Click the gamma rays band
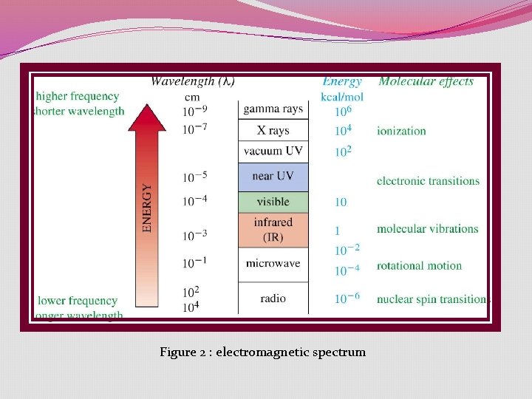(273, 109)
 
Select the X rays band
(273, 131)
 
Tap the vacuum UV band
(273, 151)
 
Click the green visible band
(273, 202)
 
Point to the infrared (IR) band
(273, 229)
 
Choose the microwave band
(273, 263)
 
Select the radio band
(273, 299)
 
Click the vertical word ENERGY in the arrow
(147, 209)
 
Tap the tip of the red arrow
(147, 107)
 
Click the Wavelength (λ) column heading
(194, 81)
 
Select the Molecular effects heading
(426, 81)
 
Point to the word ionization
(401, 131)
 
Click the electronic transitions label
(428, 180)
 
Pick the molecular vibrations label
(427, 228)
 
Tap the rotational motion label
(419, 265)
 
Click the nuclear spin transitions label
(432, 299)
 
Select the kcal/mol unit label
(342, 97)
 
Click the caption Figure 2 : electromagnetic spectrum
(262, 352)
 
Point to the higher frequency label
(77, 96)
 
